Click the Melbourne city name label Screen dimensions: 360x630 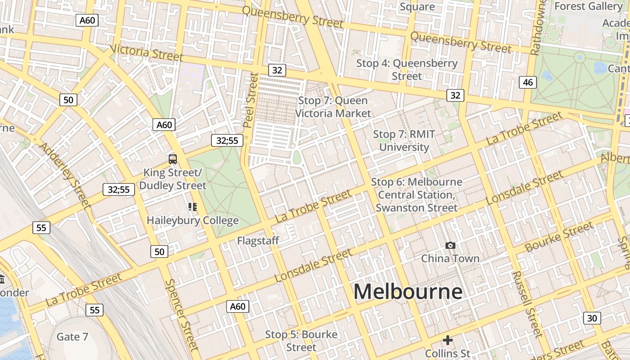[x=408, y=292]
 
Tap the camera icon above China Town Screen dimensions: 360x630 [x=450, y=245]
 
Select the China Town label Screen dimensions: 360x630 [x=450, y=258]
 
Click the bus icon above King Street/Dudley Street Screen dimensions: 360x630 [x=173, y=159]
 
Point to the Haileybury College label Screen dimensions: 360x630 [x=193, y=220]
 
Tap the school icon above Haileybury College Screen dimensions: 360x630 [x=193, y=207]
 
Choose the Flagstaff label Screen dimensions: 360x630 [x=258, y=241]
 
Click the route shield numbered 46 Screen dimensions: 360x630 [x=528, y=82]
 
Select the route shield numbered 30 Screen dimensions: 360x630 [x=592, y=318]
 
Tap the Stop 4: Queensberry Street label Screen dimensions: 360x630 [x=407, y=70]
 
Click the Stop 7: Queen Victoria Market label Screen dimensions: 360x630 [x=333, y=107]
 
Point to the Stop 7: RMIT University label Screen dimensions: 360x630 [x=404, y=140]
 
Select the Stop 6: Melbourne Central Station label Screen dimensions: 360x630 [x=416, y=195]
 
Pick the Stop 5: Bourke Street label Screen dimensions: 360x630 [x=301, y=341]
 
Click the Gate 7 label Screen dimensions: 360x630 [x=72, y=337]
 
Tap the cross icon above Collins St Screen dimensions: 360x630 [x=447, y=340]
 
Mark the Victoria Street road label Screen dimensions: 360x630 [x=146, y=53]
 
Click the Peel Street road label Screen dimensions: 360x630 [x=251, y=100]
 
